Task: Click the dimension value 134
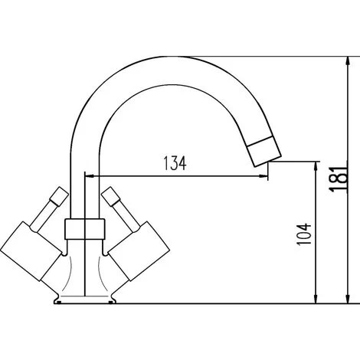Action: [175, 164]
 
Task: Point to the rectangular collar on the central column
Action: [84, 227]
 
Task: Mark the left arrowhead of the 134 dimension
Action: [87, 177]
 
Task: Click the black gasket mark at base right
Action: [113, 301]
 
